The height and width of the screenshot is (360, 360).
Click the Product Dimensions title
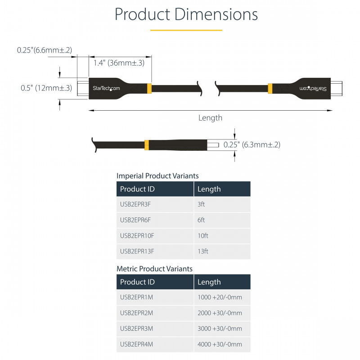pyautogui.click(x=186, y=14)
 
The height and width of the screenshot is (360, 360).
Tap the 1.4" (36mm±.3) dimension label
pyautogui.click(x=119, y=63)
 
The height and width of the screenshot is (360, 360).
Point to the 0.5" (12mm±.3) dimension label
pyautogui.click(x=46, y=88)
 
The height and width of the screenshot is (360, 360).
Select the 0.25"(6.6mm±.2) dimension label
pyautogui.click(x=45, y=50)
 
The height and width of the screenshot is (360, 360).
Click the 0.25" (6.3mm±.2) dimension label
pyautogui.click(x=252, y=144)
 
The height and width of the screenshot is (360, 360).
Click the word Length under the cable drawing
pyautogui.click(x=210, y=118)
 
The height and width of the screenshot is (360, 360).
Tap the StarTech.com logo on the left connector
pyautogui.click(x=106, y=88)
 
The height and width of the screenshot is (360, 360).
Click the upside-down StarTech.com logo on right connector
pyautogui.click(x=313, y=89)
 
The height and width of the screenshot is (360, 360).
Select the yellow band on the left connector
pyautogui.click(x=149, y=89)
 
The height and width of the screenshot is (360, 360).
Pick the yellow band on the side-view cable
pyautogui.click(x=147, y=145)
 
